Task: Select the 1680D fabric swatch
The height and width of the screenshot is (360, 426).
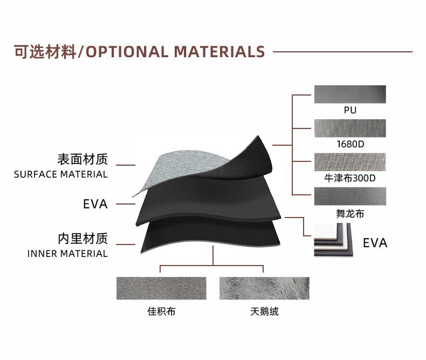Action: coord(350,128)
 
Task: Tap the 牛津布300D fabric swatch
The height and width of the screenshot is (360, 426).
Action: coord(350,162)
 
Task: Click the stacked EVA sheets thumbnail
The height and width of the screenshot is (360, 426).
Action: coord(333,240)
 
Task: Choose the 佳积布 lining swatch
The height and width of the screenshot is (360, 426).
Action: coord(161,288)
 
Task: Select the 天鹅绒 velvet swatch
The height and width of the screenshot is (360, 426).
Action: coord(264,288)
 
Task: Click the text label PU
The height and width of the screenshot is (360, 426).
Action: coord(350,111)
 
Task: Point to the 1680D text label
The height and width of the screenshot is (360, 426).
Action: coord(350,145)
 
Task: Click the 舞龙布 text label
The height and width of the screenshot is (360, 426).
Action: coord(350,214)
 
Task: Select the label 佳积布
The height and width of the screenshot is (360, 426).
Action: coord(161,311)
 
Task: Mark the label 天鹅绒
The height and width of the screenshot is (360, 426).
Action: coord(264,311)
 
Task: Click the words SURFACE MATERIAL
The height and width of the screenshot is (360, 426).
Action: coord(61,174)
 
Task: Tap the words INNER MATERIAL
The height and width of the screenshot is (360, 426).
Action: coord(67,254)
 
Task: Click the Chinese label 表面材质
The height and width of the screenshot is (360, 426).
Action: coord(83,159)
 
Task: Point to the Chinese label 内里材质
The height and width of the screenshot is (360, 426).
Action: coord(83,239)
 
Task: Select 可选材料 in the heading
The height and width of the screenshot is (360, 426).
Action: coord(45,52)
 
